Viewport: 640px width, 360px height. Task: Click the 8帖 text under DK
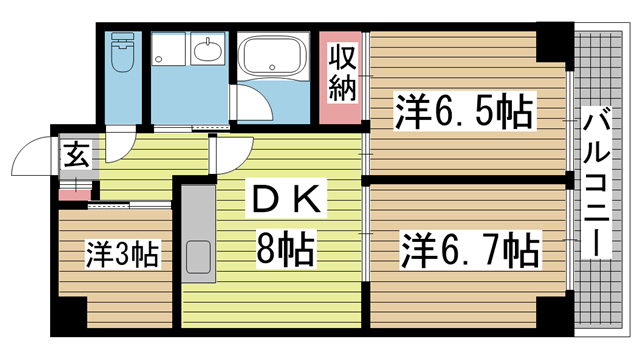pyautogui.click(x=285, y=247)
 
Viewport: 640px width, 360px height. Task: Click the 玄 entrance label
pyautogui.click(x=75, y=155)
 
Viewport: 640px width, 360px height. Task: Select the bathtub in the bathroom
pyautogui.click(x=276, y=56)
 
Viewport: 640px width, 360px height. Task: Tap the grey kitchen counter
pyautogui.click(x=198, y=232)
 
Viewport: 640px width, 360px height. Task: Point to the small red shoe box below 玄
pyautogui.click(x=75, y=192)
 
